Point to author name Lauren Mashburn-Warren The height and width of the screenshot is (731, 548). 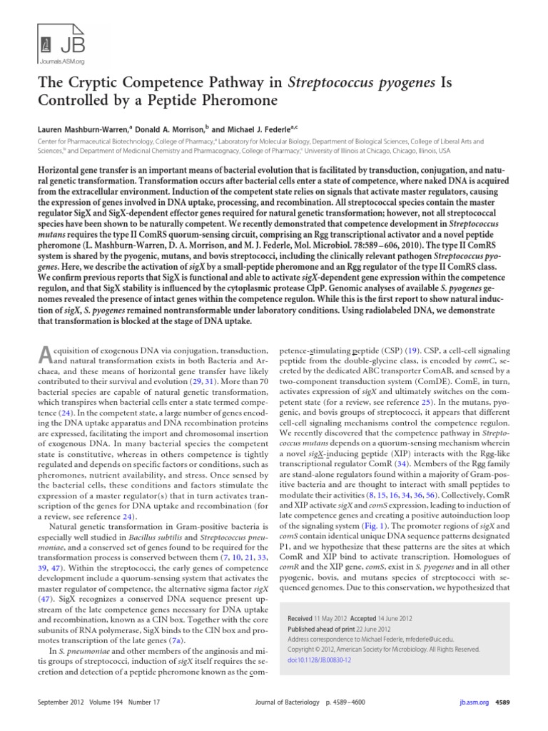point(88,131)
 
